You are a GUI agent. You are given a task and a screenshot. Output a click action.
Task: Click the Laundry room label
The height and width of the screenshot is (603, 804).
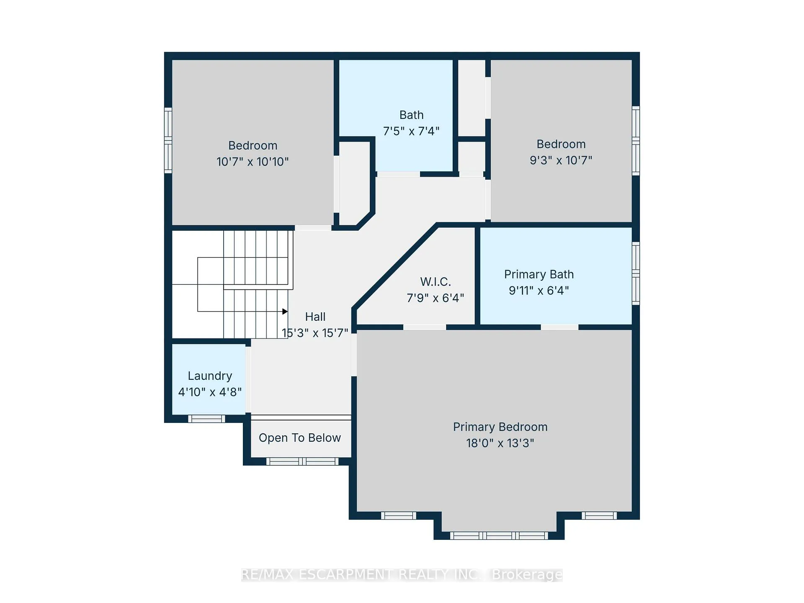pyautogui.click(x=210, y=376)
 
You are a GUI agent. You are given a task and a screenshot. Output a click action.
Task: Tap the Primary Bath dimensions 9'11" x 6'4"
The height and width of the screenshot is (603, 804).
pyautogui.click(x=539, y=291)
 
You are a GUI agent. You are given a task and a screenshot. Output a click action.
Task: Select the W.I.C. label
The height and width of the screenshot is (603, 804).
pyautogui.click(x=435, y=282)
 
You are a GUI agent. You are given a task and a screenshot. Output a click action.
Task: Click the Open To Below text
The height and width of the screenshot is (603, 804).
pyautogui.click(x=300, y=438)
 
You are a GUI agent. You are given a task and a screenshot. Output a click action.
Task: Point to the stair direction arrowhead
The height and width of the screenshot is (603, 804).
pyautogui.click(x=285, y=312)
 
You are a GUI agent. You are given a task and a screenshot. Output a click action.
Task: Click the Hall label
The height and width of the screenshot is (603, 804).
pyautogui.click(x=315, y=317)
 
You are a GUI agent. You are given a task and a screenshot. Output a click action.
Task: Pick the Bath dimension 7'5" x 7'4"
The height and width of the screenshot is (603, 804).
pyautogui.click(x=411, y=131)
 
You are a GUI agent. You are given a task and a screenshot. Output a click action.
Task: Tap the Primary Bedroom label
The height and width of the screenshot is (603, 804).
pyautogui.click(x=500, y=427)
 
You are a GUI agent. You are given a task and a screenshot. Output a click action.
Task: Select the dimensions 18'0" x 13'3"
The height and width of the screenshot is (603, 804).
pyautogui.click(x=500, y=443)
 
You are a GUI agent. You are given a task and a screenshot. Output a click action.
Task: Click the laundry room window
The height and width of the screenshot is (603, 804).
pyautogui.click(x=206, y=419)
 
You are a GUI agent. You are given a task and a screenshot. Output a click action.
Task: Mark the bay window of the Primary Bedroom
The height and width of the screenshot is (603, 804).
pyautogui.click(x=499, y=536)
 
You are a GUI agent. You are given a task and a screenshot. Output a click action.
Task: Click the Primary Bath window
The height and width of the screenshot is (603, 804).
pyautogui.click(x=636, y=273)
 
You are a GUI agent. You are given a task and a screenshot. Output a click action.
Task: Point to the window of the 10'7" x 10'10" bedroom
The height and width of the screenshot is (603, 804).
pyautogui.click(x=168, y=140)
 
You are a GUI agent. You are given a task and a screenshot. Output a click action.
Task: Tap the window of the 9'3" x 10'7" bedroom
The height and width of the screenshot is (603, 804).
pyautogui.click(x=636, y=141)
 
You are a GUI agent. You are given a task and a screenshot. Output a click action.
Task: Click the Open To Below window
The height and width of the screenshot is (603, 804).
pyautogui.click(x=302, y=461)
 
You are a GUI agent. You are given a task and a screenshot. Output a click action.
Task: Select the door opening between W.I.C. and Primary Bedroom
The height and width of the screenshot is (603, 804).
pyautogui.click(x=425, y=327)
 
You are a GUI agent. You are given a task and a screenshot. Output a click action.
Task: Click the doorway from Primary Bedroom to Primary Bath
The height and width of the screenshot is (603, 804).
pyautogui.click(x=559, y=327)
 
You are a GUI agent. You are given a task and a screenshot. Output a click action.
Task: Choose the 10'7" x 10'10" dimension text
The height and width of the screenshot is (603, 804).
pyautogui.click(x=253, y=162)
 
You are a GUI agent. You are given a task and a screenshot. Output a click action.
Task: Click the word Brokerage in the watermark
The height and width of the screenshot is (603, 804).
pyautogui.click(x=527, y=575)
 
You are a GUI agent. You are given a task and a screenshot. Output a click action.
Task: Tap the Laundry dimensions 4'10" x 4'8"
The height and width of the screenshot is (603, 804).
pyautogui.click(x=210, y=392)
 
